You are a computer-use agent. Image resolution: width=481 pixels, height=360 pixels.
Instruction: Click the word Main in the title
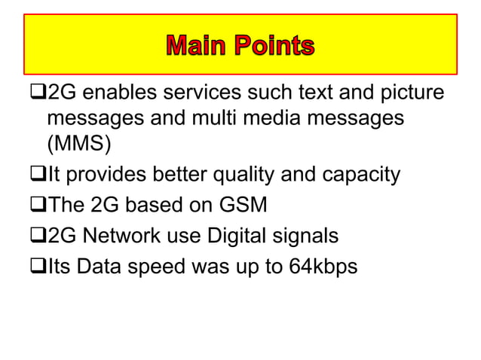198,47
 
